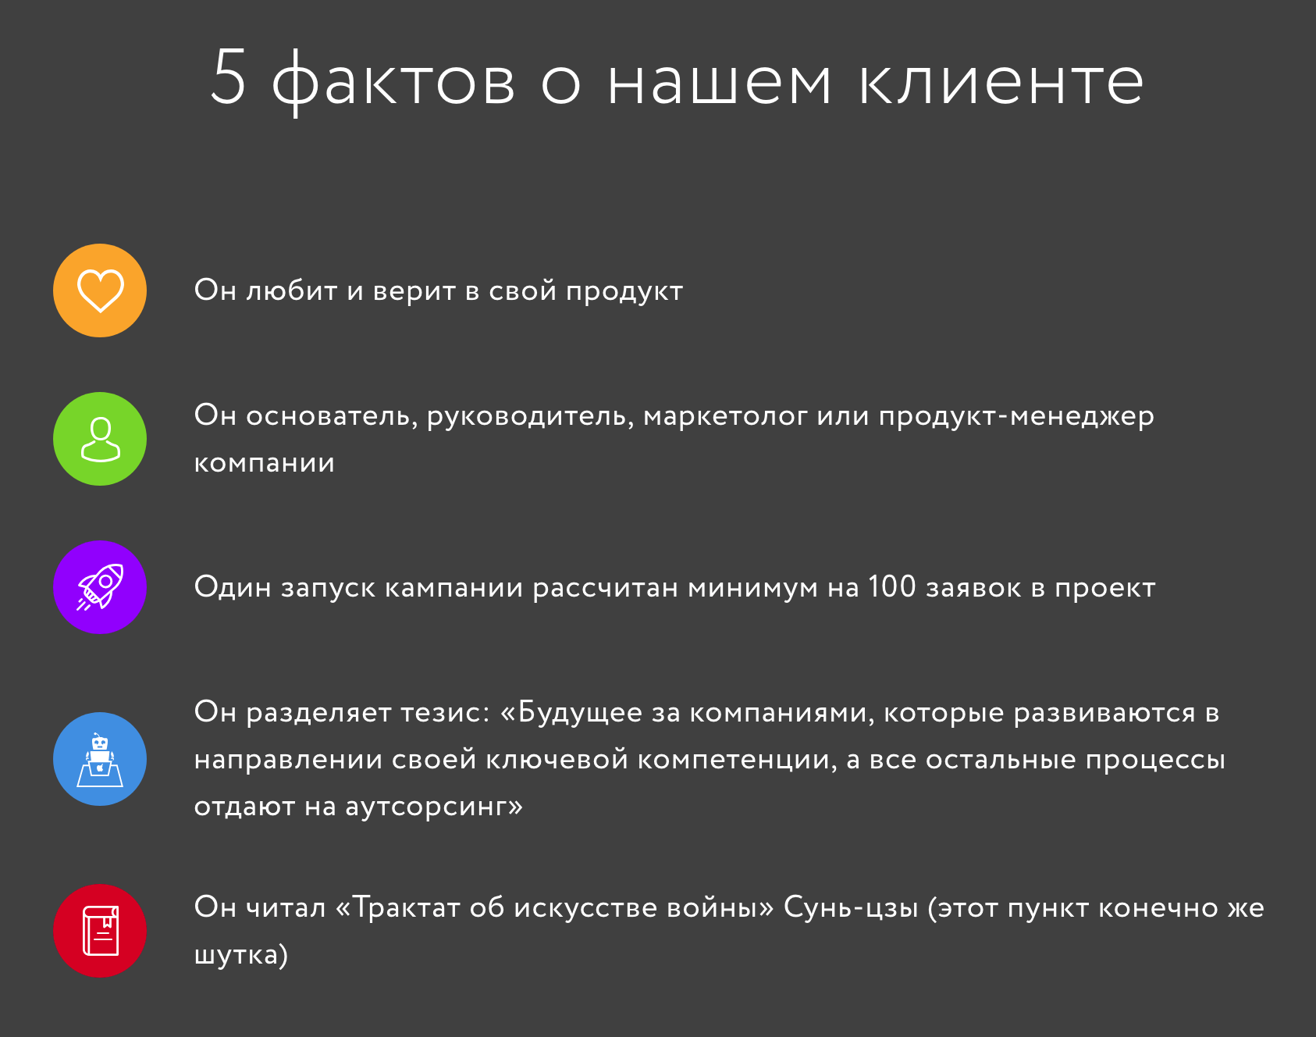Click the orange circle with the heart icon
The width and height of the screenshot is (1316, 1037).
click(x=100, y=290)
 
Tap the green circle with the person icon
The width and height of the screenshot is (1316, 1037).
click(x=100, y=439)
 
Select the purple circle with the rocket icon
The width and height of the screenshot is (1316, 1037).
click(x=100, y=587)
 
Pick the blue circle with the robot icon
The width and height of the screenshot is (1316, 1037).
click(x=100, y=759)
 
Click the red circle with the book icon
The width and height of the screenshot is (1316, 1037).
click(x=100, y=931)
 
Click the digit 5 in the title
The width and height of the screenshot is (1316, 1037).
click(x=229, y=77)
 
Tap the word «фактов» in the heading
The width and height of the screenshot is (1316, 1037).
click(x=393, y=81)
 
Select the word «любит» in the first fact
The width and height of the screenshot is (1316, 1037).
click(x=292, y=290)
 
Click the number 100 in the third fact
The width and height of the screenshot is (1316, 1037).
click(x=891, y=586)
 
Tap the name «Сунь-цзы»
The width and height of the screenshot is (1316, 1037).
click(x=851, y=908)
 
